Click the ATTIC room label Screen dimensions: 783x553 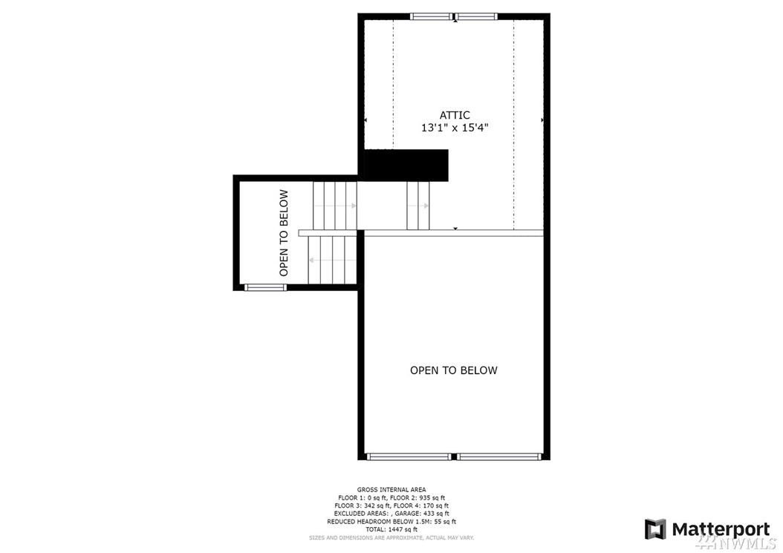(x=455, y=115)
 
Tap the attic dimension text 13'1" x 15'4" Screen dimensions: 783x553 (x=455, y=128)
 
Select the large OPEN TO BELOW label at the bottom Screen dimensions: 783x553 (x=453, y=370)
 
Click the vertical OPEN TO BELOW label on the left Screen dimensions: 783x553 (x=284, y=232)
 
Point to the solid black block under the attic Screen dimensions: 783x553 (x=406, y=166)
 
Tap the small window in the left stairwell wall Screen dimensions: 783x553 (x=265, y=287)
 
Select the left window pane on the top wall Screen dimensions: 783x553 (x=432, y=16)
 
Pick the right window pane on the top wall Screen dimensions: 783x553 (x=477, y=16)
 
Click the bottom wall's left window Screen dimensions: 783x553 (x=409, y=457)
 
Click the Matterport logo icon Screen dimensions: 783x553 (x=655, y=529)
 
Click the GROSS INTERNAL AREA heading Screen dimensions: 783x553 (x=391, y=490)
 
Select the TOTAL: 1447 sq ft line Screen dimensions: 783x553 (x=391, y=529)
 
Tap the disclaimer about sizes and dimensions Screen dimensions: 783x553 (x=391, y=538)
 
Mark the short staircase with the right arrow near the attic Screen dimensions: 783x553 (x=418, y=206)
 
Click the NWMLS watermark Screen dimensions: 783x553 (x=736, y=543)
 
